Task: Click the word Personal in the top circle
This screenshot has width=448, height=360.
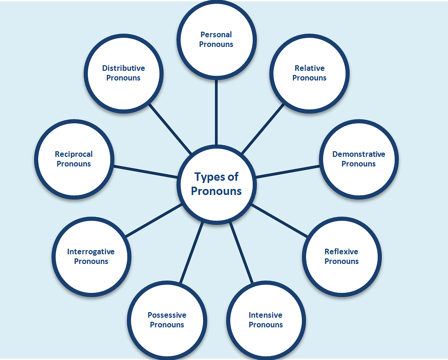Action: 216,34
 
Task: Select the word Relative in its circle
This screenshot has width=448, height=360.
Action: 309,68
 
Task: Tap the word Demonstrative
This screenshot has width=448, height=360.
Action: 358,154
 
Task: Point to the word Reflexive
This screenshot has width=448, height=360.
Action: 341,251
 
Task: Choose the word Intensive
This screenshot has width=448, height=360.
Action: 265,315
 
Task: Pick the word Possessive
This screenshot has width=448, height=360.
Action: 167,315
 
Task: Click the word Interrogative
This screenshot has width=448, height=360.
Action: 91,251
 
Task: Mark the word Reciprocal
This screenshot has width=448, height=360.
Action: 74,154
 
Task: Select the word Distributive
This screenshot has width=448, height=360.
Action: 123,68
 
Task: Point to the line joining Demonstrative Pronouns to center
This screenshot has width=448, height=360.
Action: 287,171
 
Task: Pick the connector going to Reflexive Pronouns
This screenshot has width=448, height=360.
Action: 279,221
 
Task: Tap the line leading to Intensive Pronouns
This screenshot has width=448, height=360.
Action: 241,253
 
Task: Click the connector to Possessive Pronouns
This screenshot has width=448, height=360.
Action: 191,253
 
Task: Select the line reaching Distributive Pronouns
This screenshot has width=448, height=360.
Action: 170,129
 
